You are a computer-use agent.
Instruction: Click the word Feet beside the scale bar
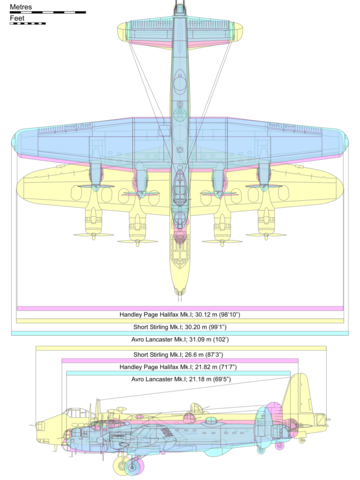pos(17,18)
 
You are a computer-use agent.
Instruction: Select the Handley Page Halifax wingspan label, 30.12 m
pos(179,314)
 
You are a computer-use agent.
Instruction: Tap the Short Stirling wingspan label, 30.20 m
pos(179,327)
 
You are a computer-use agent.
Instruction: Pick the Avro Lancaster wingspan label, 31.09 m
pos(179,339)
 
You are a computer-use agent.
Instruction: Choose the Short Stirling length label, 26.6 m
pos(179,355)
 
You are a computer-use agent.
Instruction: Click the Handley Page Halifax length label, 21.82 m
pos(179,368)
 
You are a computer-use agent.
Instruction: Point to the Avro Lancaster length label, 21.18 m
pos(179,381)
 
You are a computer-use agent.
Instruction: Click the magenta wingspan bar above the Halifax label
pos(179,307)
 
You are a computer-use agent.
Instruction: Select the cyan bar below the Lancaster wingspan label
pos(179,333)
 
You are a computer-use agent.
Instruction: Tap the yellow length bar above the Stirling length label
pos(179,348)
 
